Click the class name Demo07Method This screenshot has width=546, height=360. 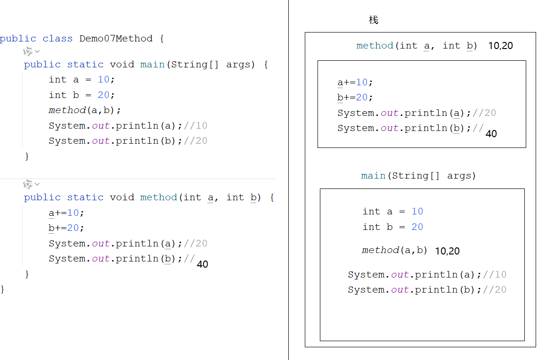[x=116, y=39]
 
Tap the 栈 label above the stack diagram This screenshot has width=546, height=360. [x=374, y=20]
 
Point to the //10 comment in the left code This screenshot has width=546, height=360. [x=196, y=126]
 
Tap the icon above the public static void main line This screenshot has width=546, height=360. [x=28, y=51]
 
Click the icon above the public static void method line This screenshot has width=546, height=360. [x=28, y=184]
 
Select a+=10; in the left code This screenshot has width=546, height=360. [x=66, y=213]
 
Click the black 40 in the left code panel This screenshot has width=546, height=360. [x=203, y=264]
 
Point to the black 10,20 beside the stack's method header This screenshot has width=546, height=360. [x=500, y=46]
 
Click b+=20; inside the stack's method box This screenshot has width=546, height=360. [x=355, y=98]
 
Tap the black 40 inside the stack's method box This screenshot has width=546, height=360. [x=491, y=134]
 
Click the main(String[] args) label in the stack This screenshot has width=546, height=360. [x=418, y=176]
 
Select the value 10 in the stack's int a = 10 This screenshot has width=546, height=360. [x=417, y=212]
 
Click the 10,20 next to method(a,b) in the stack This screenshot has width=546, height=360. [x=447, y=251]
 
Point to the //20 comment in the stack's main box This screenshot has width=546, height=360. [x=495, y=290]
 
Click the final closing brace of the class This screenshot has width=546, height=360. [x=3, y=289]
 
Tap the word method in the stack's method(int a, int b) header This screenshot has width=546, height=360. [x=375, y=46]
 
